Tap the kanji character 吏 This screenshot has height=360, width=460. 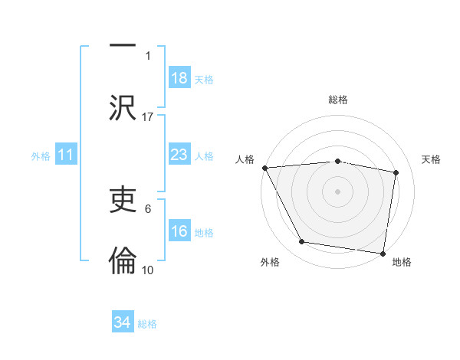123,201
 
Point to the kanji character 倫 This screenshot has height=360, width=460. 123,260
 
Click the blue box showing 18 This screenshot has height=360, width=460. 179,79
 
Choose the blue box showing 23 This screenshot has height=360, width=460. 179,155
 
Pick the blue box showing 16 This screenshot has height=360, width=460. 179,232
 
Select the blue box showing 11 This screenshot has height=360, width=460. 66,155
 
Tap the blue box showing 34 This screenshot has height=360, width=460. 123,323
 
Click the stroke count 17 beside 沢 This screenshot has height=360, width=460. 148,117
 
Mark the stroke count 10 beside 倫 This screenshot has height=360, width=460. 148,270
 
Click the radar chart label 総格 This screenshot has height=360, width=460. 338,100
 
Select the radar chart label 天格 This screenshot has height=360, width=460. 431,159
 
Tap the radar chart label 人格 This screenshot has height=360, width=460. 245,159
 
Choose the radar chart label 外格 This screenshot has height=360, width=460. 269,263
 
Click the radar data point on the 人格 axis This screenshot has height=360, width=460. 264,168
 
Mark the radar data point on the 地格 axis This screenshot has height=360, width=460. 383,253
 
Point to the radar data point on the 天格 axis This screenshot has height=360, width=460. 396,172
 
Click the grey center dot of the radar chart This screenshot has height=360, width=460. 337,191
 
